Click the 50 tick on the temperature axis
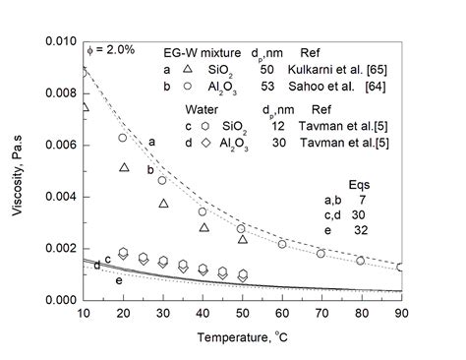(243, 314)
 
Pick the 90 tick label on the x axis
(400, 314)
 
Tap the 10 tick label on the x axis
(85, 314)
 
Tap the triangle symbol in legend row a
(188, 72)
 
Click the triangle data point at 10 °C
(85, 106)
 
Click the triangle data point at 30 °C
(164, 203)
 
